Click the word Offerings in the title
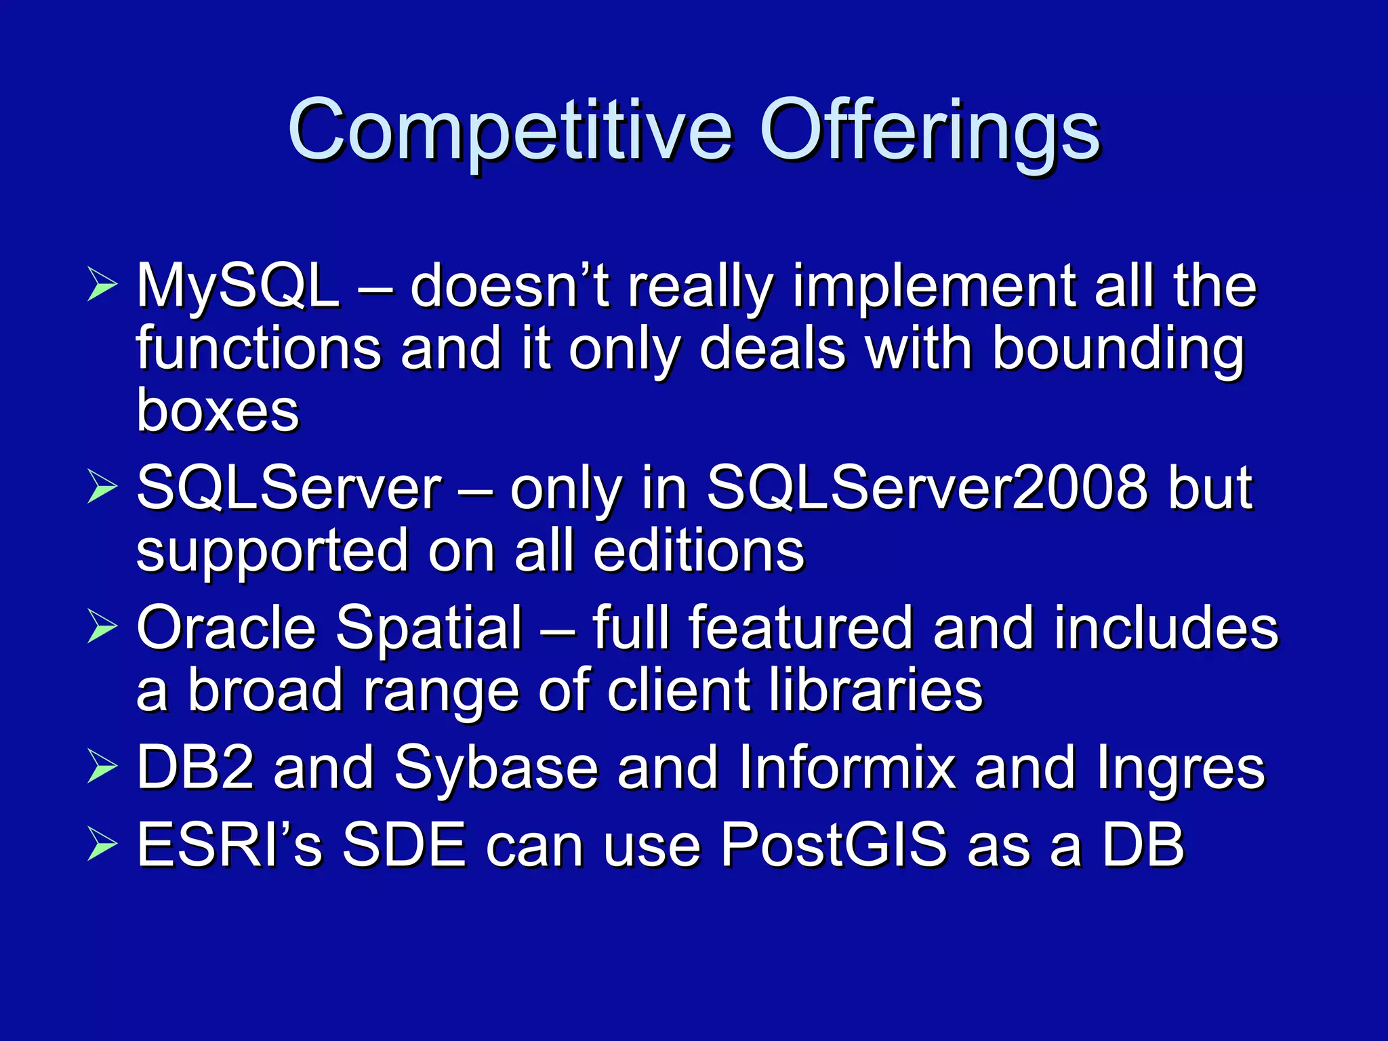point(930,130)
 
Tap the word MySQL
point(238,287)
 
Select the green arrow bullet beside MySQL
point(102,285)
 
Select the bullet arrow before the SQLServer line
point(102,488)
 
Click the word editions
point(699,550)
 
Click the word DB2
point(196,768)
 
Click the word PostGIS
point(833,845)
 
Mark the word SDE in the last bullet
point(405,845)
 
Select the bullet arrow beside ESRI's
point(102,845)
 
